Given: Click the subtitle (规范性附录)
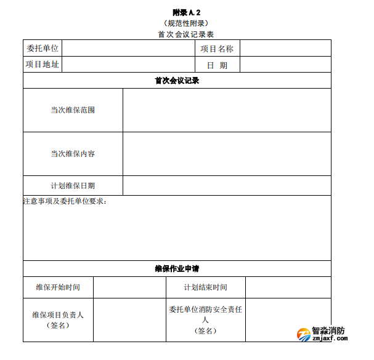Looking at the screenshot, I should [186, 23].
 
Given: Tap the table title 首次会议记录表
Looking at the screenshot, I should [186, 34].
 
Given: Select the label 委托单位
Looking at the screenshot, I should [43, 49].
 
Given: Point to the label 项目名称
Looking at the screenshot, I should [217, 49].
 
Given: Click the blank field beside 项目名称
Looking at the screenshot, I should [285, 49].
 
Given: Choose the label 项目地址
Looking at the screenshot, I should [43, 65].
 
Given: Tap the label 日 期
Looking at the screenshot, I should [217, 65].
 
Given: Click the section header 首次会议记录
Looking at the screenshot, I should [177, 81].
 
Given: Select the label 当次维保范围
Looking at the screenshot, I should [73, 110].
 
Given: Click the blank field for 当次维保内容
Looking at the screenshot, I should [227, 154].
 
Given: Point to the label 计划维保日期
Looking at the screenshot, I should [73, 186].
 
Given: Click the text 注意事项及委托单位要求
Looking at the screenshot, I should [65, 201].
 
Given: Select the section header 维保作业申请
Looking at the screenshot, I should [177, 269].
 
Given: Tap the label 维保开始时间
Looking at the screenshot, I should [58, 287].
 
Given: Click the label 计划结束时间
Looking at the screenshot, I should [205, 287].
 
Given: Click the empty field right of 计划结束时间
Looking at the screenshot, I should [288, 287].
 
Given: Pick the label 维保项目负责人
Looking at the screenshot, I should [58, 315].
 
